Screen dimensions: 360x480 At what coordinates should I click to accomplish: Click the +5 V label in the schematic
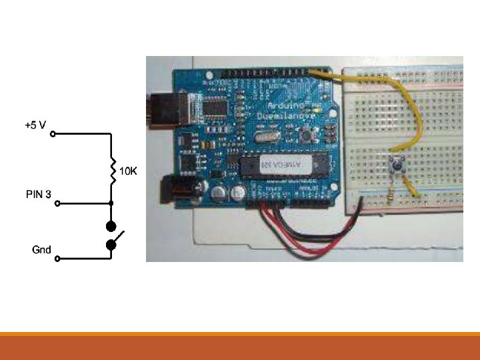pyautogui.click(x=35, y=125)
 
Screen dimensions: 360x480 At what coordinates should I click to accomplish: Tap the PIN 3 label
pyautogui.click(x=38, y=195)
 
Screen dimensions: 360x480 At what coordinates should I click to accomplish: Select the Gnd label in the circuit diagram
pyautogui.click(x=42, y=250)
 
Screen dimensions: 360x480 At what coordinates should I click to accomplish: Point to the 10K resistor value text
pyautogui.click(x=128, y=171)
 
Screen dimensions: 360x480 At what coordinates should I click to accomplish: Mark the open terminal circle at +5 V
pyautogui.click(x=53, y=133)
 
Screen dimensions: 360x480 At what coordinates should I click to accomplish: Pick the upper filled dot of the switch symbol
pyautogui.click(x=111, y=225)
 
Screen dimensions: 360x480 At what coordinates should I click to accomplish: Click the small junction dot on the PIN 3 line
pyautogui.click(x=111, y=203)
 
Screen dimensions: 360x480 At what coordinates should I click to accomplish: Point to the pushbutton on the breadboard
pyautogui.click(x=399, y=162)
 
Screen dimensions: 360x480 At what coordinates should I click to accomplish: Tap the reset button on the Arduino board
pyautogui.click(x=307, y=135)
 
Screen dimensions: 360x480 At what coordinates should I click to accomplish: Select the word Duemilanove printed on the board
pyautogui.click(x=283, y=117)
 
